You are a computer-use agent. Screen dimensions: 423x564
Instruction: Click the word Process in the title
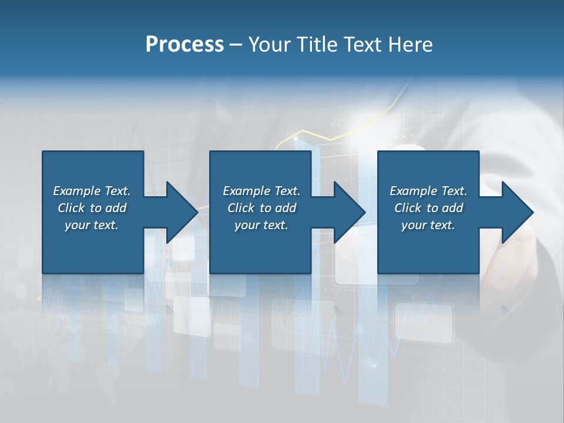point(184,45)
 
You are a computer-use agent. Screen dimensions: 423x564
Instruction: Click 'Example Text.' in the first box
point(92,191)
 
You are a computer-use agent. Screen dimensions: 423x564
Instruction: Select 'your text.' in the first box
point(92,225)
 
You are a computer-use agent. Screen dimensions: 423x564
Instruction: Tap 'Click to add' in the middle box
point(261,208)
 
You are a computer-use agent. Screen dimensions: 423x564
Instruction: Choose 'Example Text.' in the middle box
point(261,191)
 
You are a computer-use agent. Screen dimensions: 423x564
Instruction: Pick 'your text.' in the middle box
point(261,225)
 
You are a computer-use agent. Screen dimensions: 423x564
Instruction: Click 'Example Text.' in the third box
point(428,191)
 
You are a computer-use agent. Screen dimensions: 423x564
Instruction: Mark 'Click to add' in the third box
point(428,208)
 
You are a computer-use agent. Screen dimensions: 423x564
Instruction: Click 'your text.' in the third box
point(428,225)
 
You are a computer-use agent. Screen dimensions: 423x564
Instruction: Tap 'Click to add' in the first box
point(92,208)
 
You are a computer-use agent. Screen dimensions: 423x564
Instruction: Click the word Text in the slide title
point(364,45)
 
